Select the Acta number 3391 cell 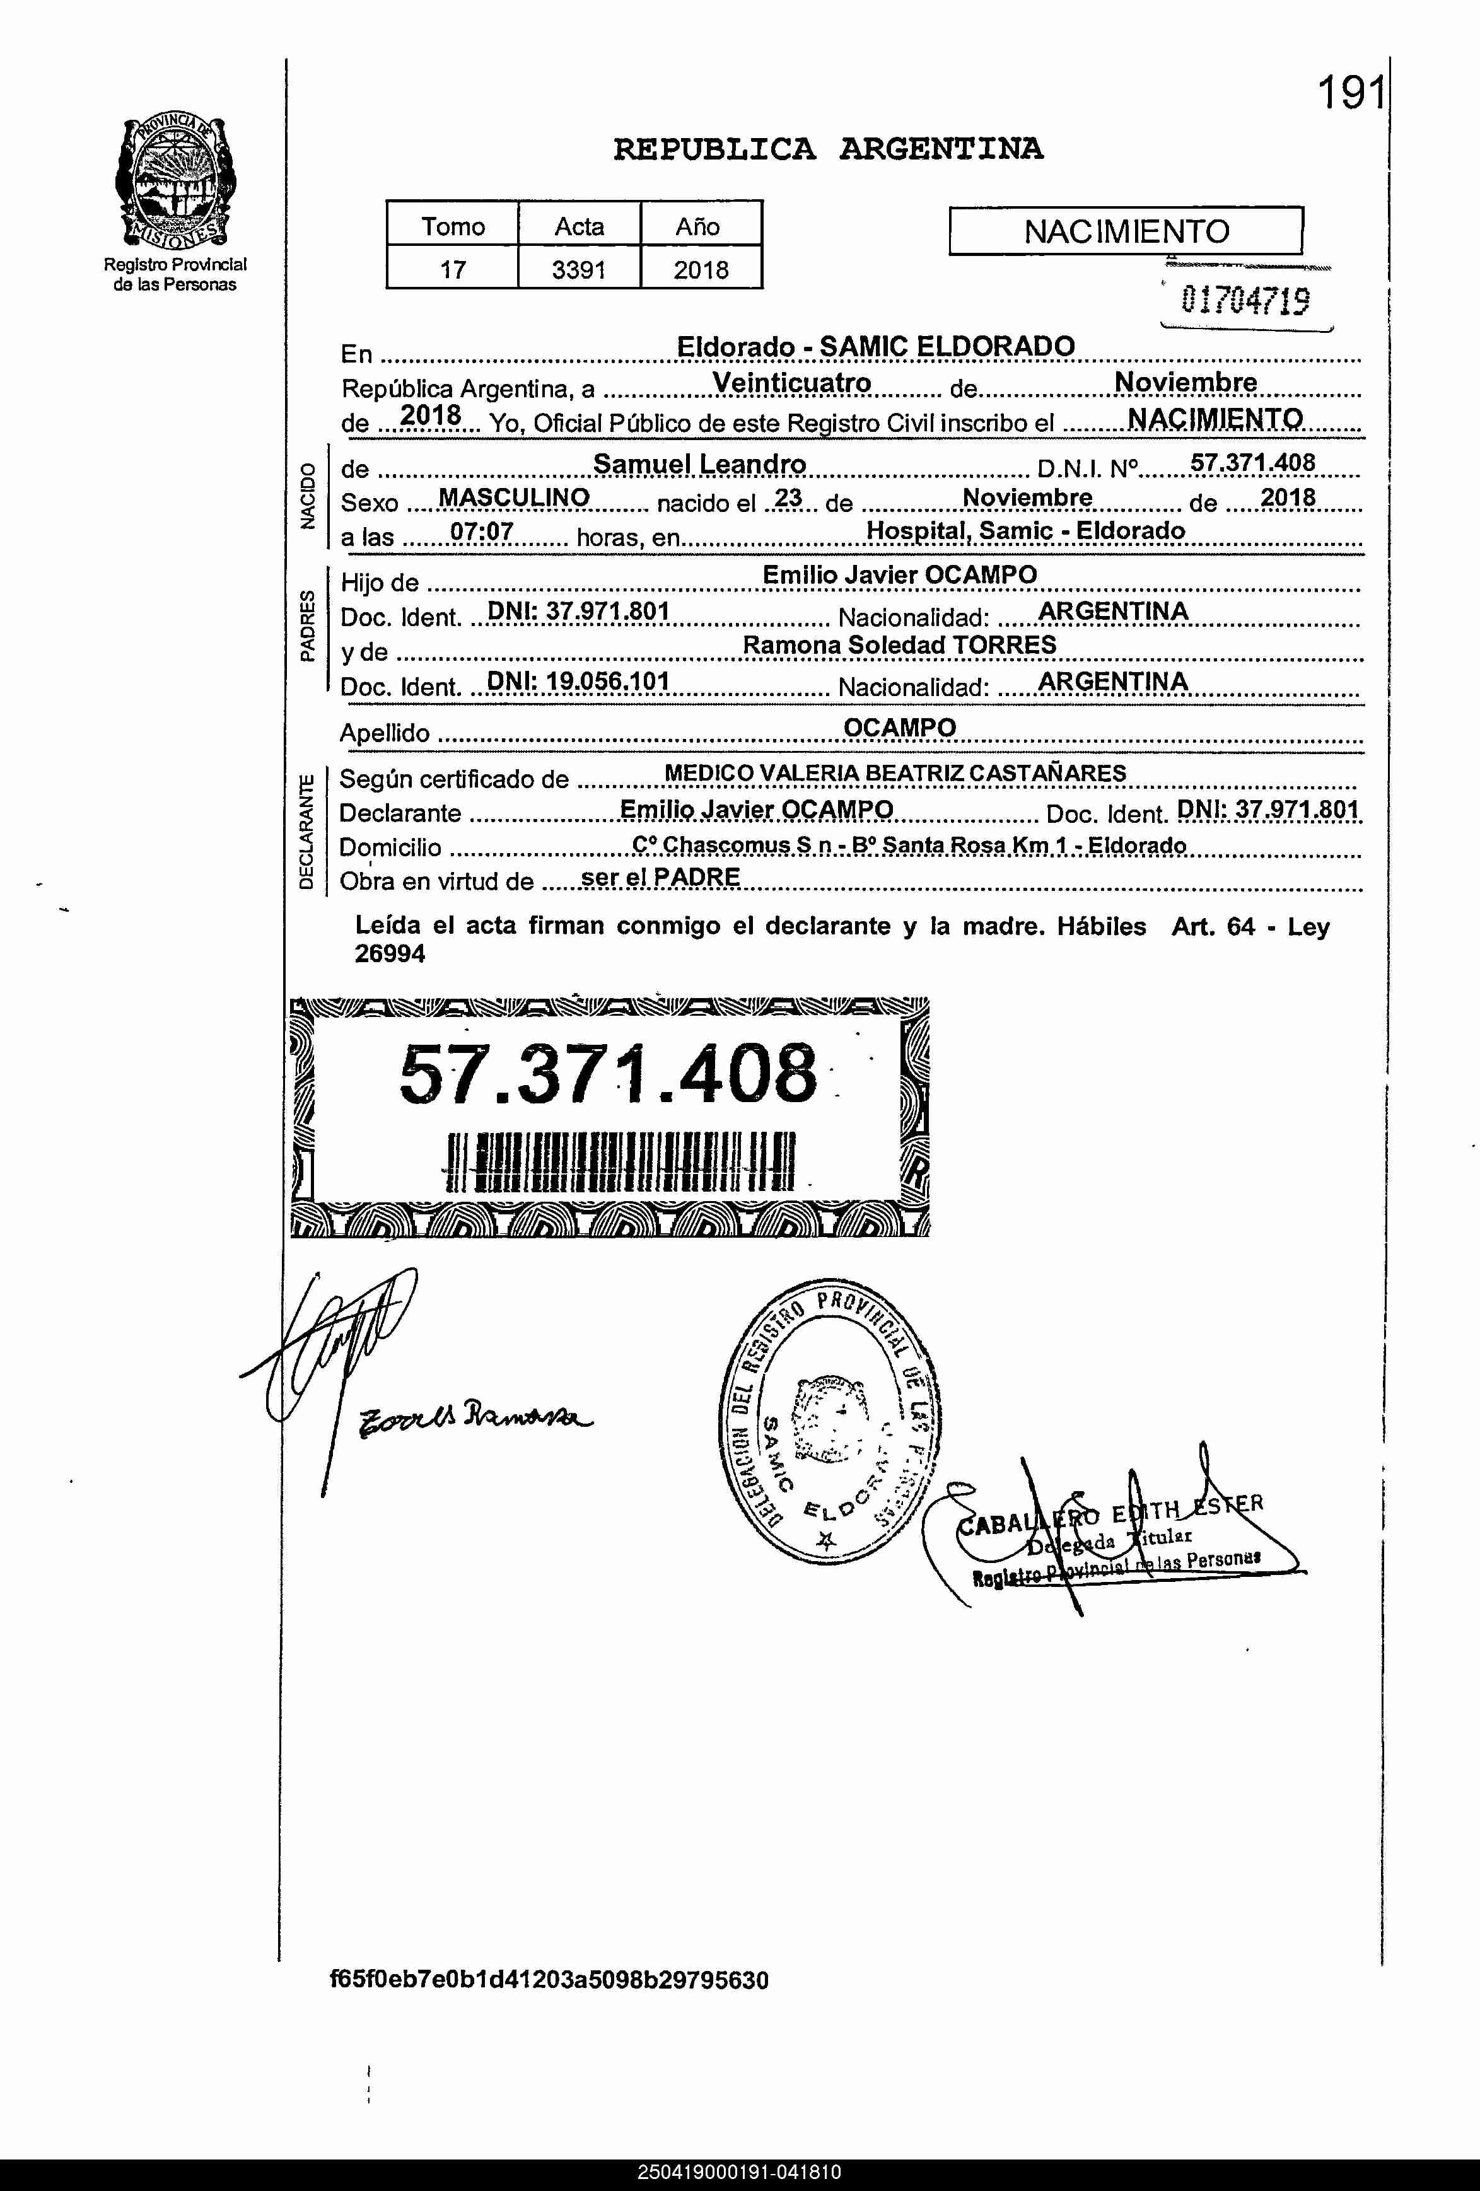click(579, 270)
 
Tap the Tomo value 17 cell click(453, 270)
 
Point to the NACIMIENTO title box click(1126, 231)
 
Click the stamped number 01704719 click(1244, 301)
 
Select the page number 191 click(1350, 93)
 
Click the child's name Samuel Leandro click(699, 464)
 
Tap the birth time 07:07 click(482, 532)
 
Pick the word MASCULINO click(514, 497)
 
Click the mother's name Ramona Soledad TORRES click(899, 645)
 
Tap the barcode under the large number click(619, 1161)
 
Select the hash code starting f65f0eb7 click(549, 1979)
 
